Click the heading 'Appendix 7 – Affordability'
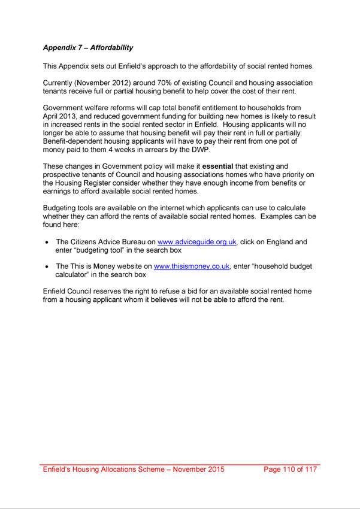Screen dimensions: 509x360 (87, 47)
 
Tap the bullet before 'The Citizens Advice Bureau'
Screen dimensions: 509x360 (47, 243)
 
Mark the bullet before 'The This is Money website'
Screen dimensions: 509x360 (47, 266)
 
